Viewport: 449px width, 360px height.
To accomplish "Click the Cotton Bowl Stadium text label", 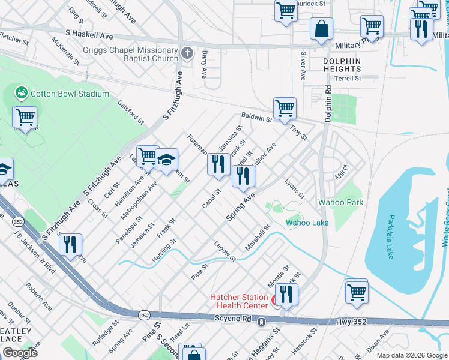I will click(x=70, y=94).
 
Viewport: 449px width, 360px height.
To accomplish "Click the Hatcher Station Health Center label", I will click(x=239, y=302).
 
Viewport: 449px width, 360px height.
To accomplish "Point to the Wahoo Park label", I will click(x=340, y=202).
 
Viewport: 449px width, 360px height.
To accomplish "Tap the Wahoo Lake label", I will click(x=307, y=223).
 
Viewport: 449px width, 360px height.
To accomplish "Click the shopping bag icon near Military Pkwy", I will click(x=321, y=28).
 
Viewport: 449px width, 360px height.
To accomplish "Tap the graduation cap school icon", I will click(x=166, y=160).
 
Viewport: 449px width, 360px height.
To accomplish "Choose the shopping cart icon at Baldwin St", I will click(x=285, y=109).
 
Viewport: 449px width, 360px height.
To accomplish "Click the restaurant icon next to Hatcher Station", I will click(x=286, y=294).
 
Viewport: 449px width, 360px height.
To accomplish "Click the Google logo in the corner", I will click(x=20, y=353).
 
